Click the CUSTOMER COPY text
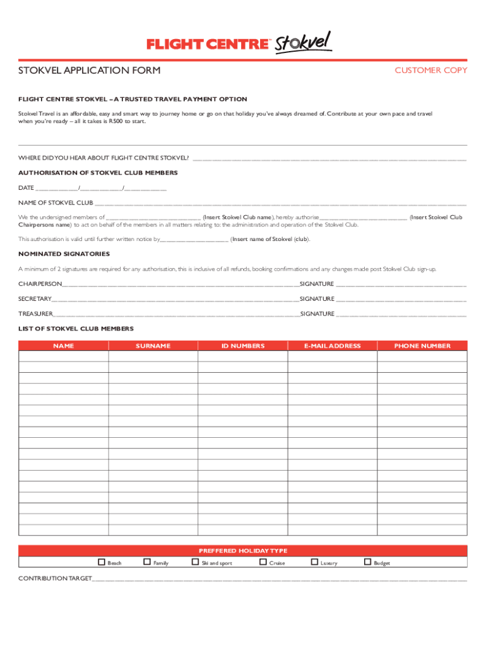click(x=430, y=70)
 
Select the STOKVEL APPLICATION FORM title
click(x=89, y=70)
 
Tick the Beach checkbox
click(x=101, y=562)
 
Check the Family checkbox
click(x=147, y=562)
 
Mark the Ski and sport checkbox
click(x=195, y=562)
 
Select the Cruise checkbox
click(x=263, y=562)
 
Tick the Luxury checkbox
click(x=314, y=562)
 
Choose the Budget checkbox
click(x=367, y=562)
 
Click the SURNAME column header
click(x=153, y=346)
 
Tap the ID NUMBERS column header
click(x=243, y=346)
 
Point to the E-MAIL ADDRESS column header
click(x=332, y=346)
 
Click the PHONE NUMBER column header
click(x=422, y=346)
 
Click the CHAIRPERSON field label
click(x=40, y=284)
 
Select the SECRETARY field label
click(x=35, y=299)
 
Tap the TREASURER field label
click(x=36, y=314)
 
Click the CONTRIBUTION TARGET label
click(x=55, y=578)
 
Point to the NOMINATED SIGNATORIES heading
click(x=64, y=254)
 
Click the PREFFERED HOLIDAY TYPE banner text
click(x=243, y=551)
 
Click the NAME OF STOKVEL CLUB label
click(x=56, y=203)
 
